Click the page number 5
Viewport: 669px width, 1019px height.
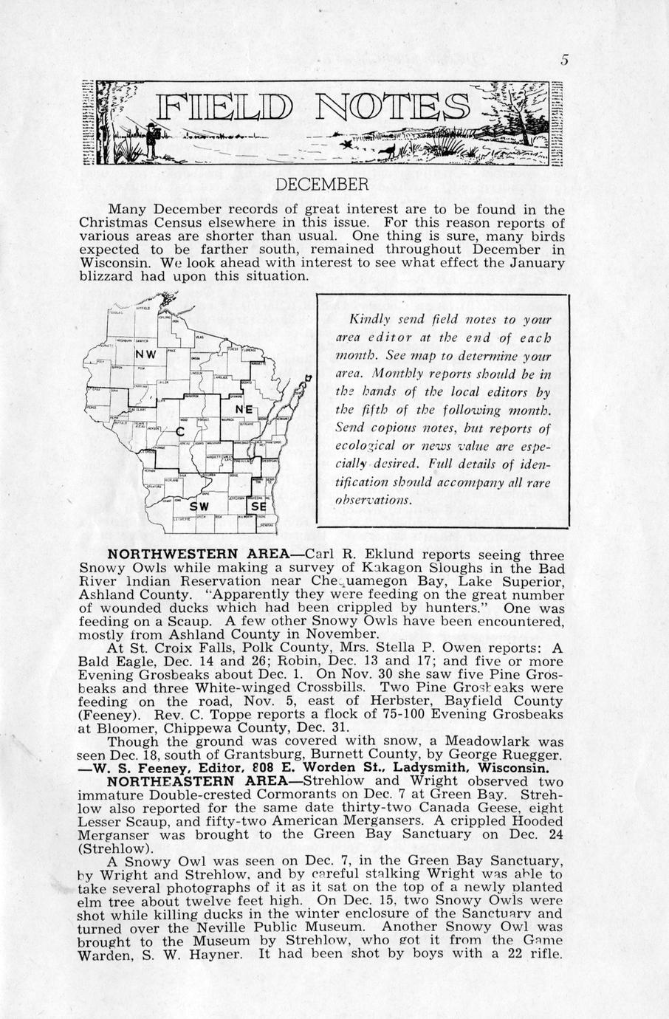(563, 61)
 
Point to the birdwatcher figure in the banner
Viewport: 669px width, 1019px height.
(152, 140)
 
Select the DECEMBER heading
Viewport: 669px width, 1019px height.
(321, 184)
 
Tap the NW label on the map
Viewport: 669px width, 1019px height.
(145, 355)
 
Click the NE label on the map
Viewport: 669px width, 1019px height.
(244, 408)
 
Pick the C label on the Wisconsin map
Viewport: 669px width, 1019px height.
(179, 430)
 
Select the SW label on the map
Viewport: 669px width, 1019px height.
(199, 507)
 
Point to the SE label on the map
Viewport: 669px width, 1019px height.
(258, 507)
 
